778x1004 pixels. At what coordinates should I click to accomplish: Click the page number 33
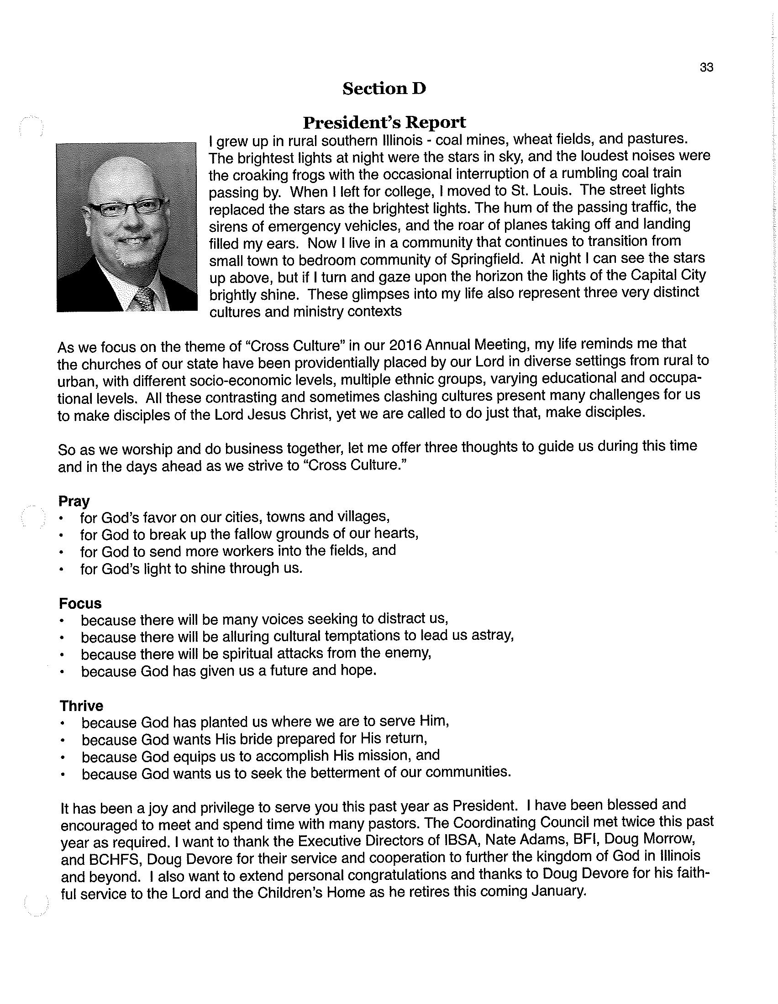tap(706, 68)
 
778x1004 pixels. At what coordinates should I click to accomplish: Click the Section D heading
tap(384, 89)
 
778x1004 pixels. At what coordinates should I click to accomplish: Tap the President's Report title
tap(384, 123)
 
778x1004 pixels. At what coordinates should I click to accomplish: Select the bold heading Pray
tap(74, 501)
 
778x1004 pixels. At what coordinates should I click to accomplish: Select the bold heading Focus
tap(80, 604)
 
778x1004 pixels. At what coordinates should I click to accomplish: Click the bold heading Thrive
tap(81, 706)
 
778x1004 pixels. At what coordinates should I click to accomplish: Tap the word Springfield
tap(487, 259)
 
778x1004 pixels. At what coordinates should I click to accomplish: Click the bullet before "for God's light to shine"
tap(61, 570)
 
